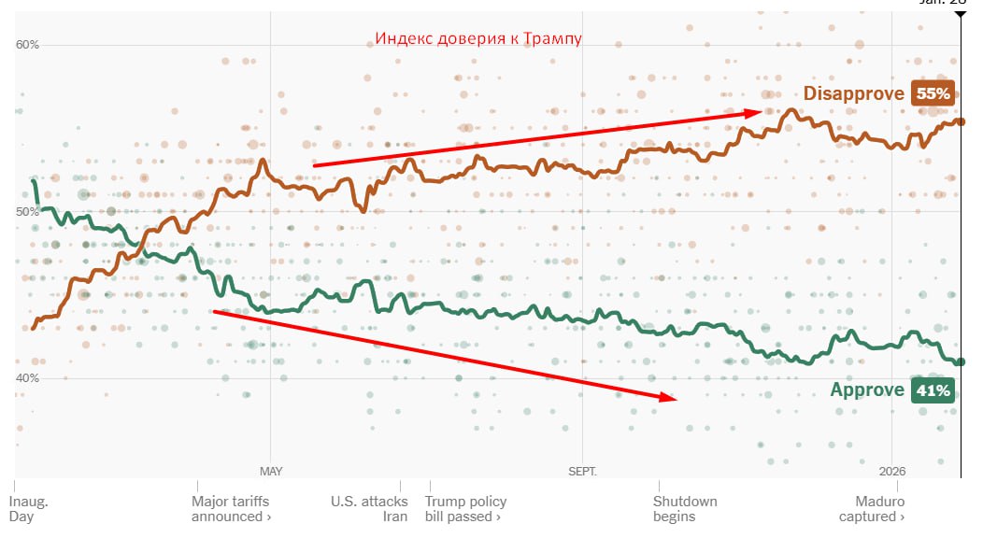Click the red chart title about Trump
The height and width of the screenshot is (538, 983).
(478, 38)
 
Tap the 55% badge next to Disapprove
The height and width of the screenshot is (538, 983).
(933, 93)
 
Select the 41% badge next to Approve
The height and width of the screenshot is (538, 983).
(933, 390)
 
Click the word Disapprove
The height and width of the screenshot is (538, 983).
(853, 93)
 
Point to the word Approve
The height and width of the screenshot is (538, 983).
(866, 390)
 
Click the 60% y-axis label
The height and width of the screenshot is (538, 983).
(27, 45)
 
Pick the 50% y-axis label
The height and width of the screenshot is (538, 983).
(27, 212)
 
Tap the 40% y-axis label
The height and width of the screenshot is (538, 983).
(27, 378)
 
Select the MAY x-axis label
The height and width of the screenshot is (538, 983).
(271, 471)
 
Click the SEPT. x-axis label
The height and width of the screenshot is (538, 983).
(581, 471)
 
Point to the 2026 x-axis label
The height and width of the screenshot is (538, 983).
(892, 471)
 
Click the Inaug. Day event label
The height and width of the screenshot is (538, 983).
(28, 509)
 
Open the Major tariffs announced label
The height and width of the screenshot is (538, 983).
(231, 509)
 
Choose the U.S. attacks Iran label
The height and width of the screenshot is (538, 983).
(370, 509)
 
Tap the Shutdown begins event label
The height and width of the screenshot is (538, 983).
(685, 509)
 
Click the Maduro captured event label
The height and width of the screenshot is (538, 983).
(871, 509)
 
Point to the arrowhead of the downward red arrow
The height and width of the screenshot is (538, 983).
(671, 397)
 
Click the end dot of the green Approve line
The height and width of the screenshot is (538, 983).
(961, 361)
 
